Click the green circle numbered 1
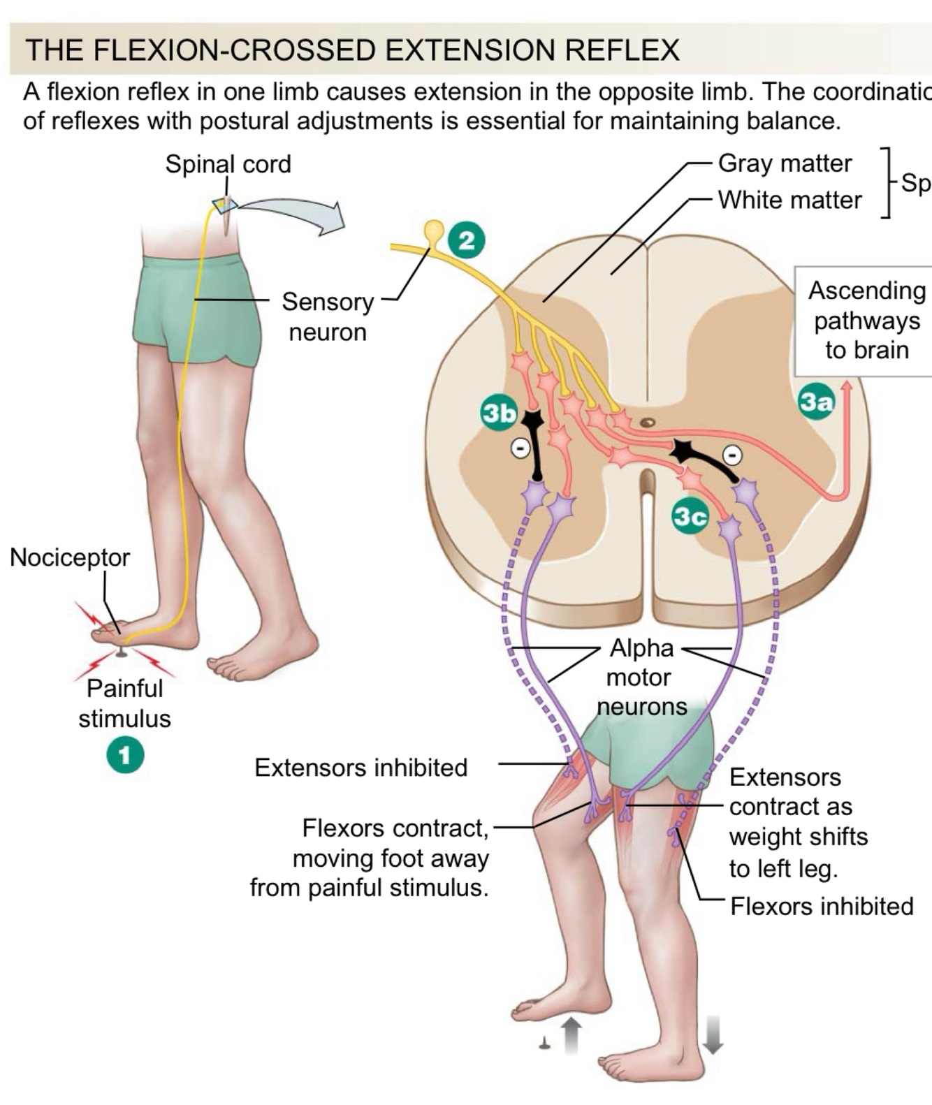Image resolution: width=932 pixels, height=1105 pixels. [125, 756]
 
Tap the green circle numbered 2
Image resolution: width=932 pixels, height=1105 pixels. [466, 240]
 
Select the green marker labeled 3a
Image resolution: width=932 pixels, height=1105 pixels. [816, 402]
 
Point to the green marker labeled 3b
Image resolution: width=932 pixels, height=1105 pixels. [500, 413]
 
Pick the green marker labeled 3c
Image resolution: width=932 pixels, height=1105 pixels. [690, 516]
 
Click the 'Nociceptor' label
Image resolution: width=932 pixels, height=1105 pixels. [70, 557]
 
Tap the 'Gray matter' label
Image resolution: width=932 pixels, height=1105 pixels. [785, 163]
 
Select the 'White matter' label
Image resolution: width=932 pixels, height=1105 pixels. [789, 200]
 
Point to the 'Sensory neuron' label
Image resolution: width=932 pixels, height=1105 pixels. [328, 316]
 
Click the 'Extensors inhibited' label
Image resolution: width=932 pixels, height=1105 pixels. [361, 768]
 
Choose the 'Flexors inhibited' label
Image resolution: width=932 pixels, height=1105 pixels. [822, 907]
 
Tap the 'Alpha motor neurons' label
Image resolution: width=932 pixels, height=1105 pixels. [641, 677]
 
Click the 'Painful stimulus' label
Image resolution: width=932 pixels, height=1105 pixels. [124, 703]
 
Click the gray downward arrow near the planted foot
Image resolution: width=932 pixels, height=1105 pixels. [712, 1034]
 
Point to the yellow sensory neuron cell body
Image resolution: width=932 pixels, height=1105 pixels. [435, 229]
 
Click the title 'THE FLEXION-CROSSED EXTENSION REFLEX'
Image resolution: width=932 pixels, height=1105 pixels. [352, 50]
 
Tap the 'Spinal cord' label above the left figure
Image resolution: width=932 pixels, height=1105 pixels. [228, 164]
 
